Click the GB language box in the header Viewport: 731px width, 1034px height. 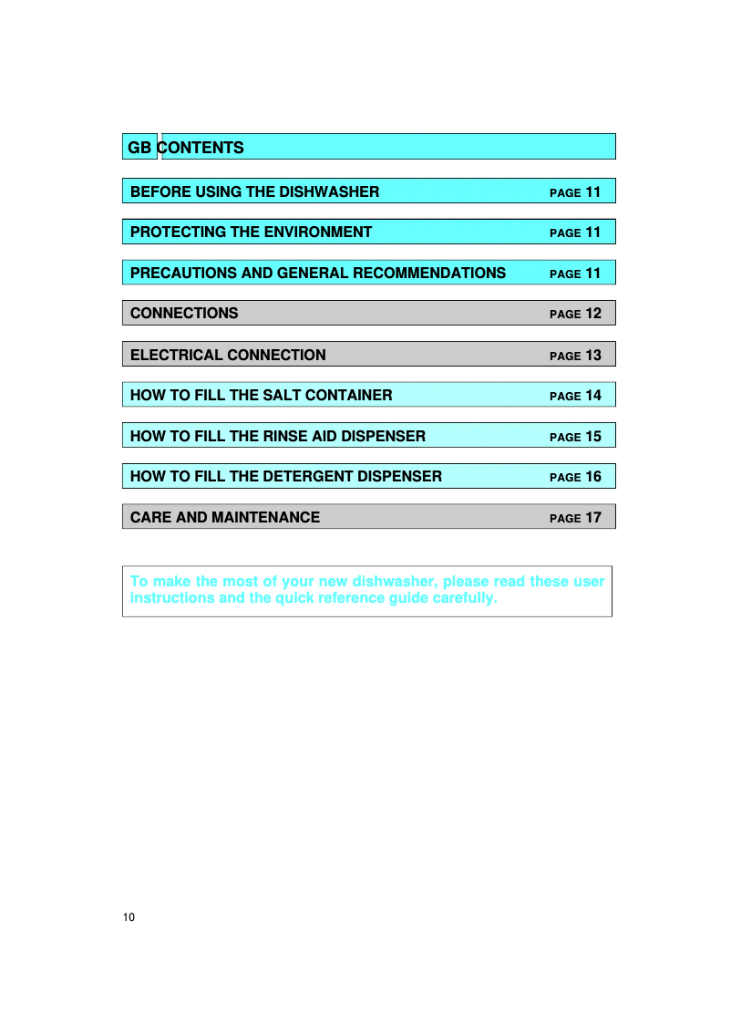click(x=139, y=148)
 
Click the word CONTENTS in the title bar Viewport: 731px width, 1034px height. click(x=203, y=148)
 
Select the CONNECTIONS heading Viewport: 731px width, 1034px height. click(x=184, y=313)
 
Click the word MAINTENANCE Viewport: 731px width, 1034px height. click(x=266, y=517)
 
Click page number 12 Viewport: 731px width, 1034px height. click(x=593, y=314)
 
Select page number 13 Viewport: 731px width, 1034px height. click(x=593, y=355)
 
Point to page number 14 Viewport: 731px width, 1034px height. click(x=593, y=396)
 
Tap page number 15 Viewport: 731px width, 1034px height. click(x=593, y=437)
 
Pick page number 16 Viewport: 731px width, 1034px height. click(x=593, y=477)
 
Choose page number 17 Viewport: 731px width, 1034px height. click(x=593, y=518)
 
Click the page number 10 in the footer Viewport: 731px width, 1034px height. click(x=129, y=916)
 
